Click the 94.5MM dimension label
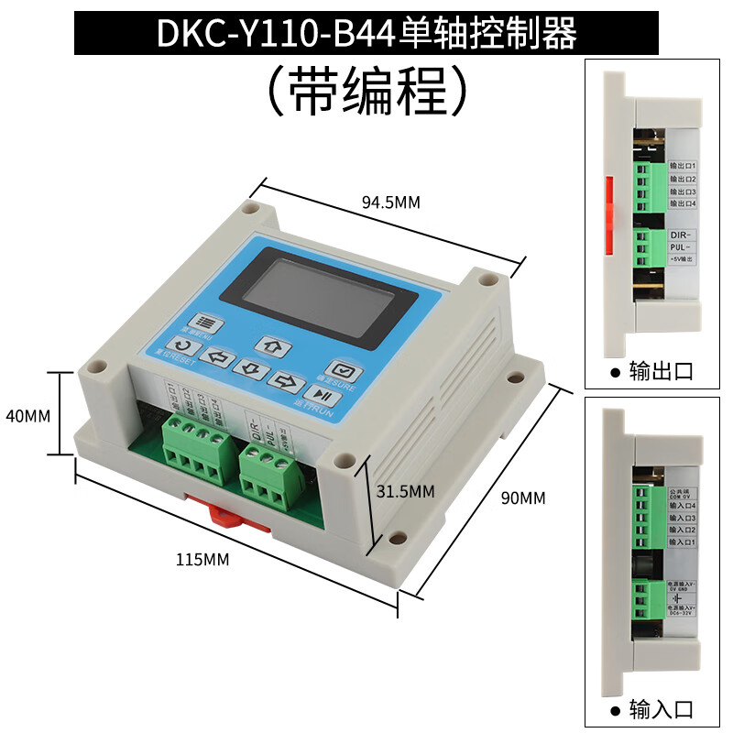click(389, 202)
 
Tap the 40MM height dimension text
click(27, 415)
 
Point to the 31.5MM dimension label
click(405, 491)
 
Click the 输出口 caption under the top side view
click(660, 372)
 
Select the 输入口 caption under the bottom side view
click(660, 708)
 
